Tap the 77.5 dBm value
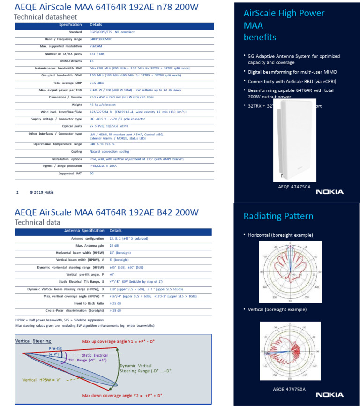tap(96, 83)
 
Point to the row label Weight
tap(76, 104)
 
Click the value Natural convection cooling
tap(109, 151)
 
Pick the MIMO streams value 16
tap(91, 61)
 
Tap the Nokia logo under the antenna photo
tap(330, 191)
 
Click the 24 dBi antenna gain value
tap(113, 245)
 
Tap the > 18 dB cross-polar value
tap(115, 310)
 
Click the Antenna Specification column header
tap(84, 231)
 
